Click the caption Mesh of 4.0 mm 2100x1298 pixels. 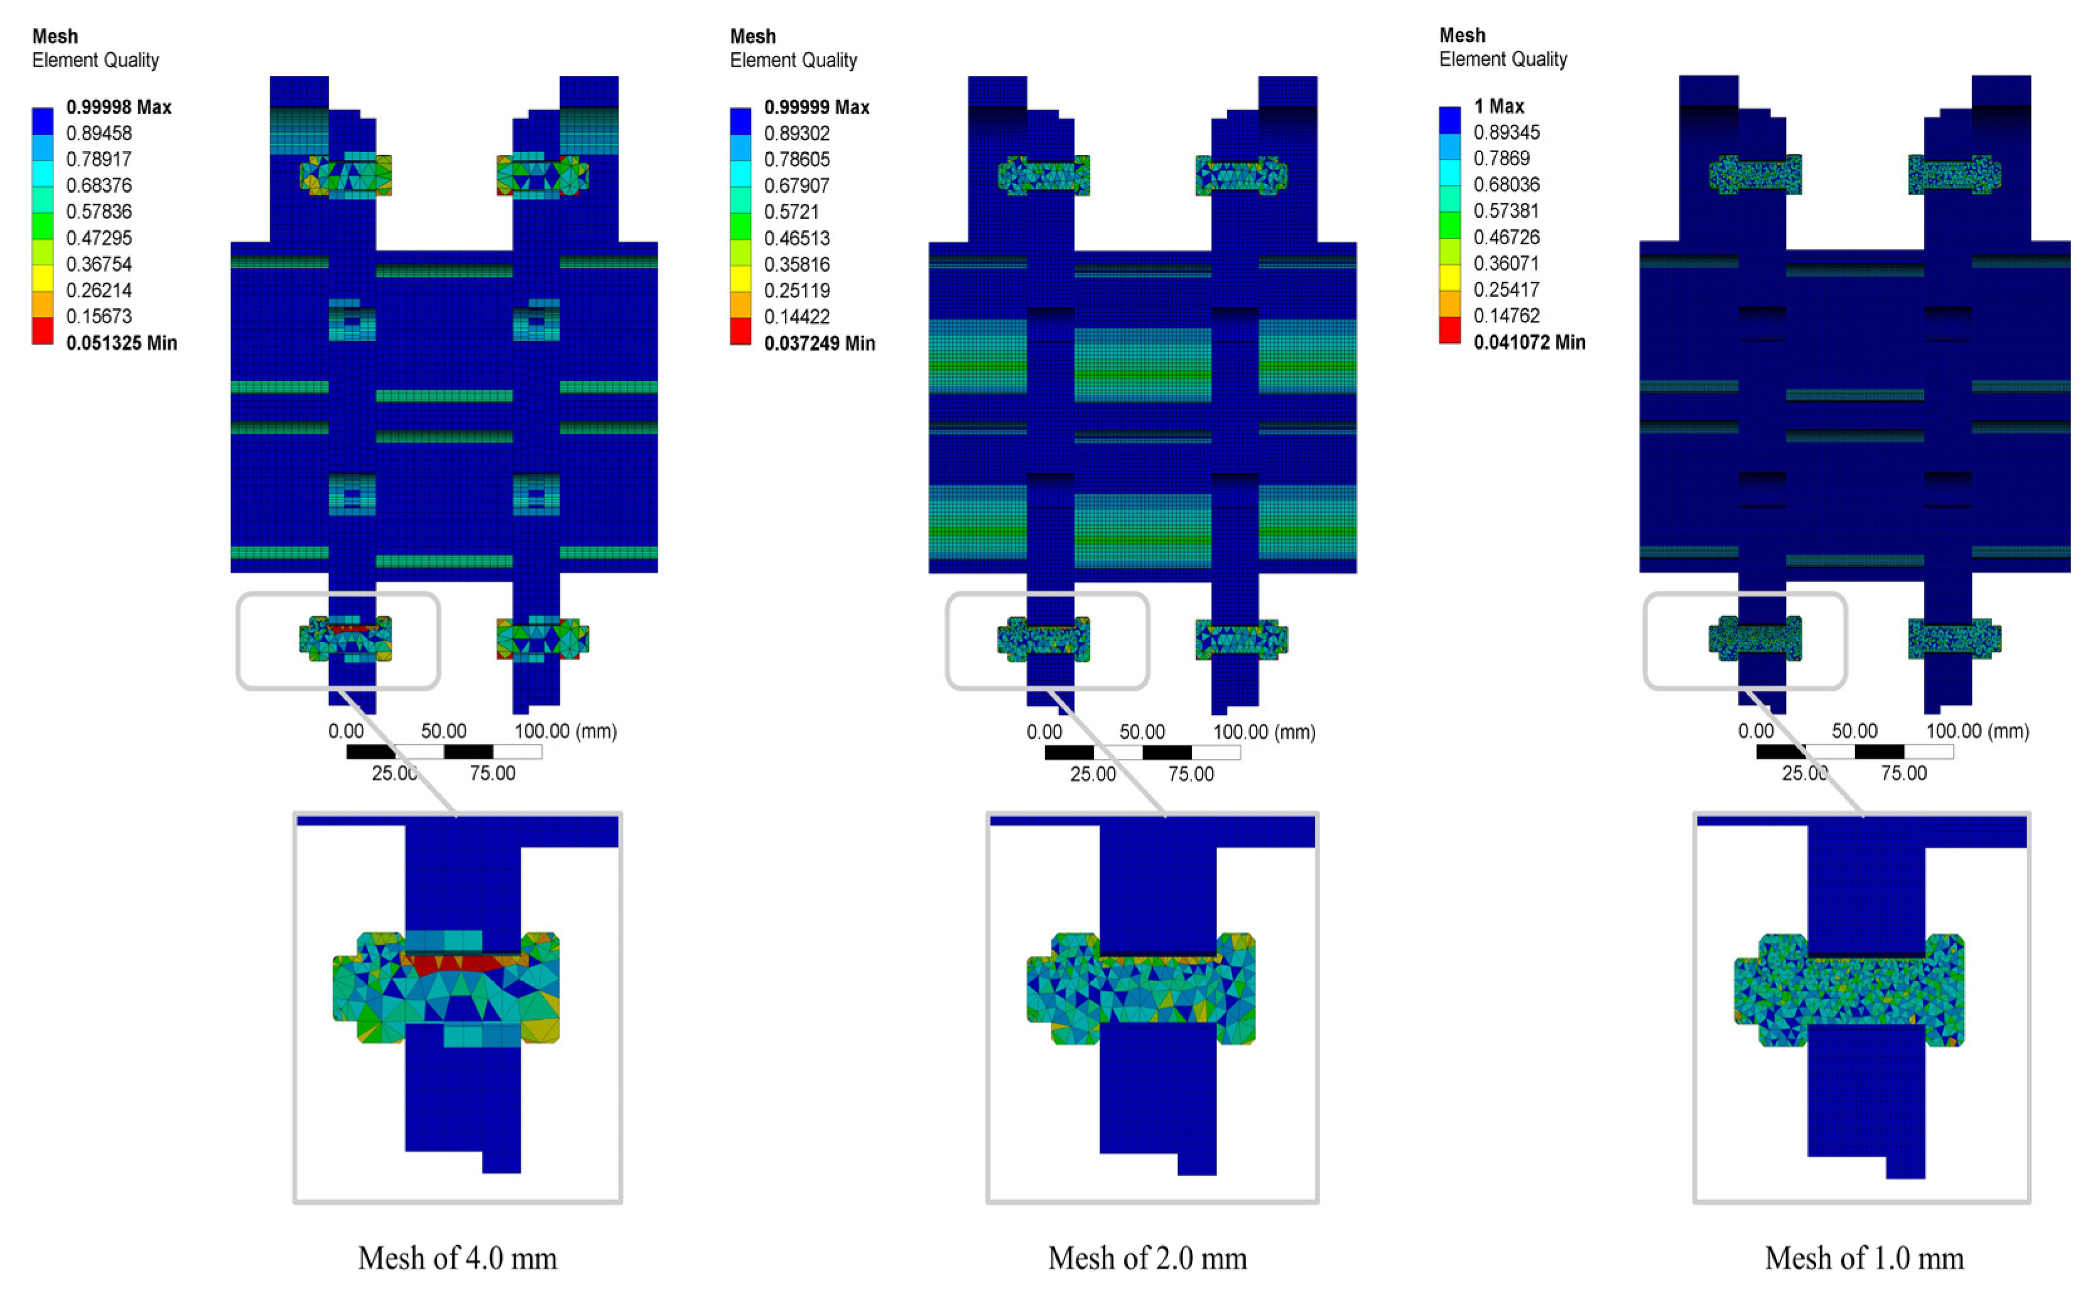point(457,1258)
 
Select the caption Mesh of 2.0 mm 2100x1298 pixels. point(1147,1258)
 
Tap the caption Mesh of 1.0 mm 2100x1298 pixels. point(1864,1258)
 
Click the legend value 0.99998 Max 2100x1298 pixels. point(119,107)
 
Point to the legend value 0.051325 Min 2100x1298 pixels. point(121,343)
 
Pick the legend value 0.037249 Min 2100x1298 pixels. point(820,343)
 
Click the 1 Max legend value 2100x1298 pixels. point(1499,107)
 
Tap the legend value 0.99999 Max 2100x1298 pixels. point(817,107)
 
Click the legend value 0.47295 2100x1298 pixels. point(99,238)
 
